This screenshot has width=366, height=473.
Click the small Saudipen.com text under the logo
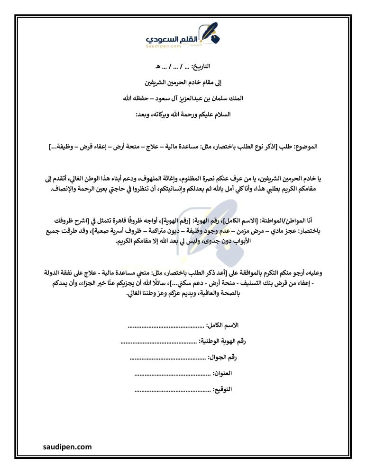point(164,46)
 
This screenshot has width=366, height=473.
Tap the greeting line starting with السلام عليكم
point(183,114)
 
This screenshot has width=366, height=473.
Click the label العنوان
point(222,373)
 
